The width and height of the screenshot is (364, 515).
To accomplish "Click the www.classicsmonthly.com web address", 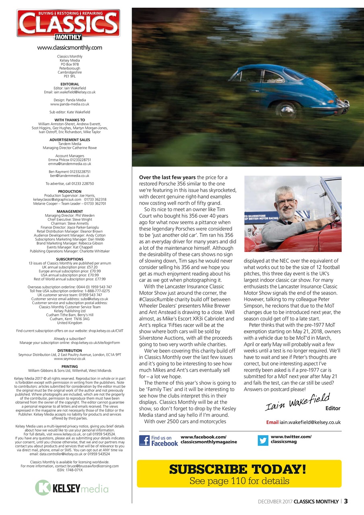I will tap(70, 47).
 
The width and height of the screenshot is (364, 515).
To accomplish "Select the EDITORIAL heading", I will tap(70, 84).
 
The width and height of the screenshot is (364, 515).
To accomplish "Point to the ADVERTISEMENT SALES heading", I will tap(70, 140).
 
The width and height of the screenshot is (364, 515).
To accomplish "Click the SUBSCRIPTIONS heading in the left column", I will tap(70, 259).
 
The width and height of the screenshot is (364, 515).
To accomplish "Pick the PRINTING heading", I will tap(70, 366).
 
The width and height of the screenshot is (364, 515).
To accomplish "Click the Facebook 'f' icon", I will tap(144, 441).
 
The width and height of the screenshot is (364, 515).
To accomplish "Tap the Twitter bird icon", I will tap(263, 441).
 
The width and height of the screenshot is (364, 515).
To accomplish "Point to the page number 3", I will tap(346, 501).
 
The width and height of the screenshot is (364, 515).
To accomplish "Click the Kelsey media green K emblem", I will tap(43, 487).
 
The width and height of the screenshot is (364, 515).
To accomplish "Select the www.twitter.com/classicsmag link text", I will tap(291, 439).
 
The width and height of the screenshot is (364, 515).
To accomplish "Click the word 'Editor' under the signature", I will tap(333, 408).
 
